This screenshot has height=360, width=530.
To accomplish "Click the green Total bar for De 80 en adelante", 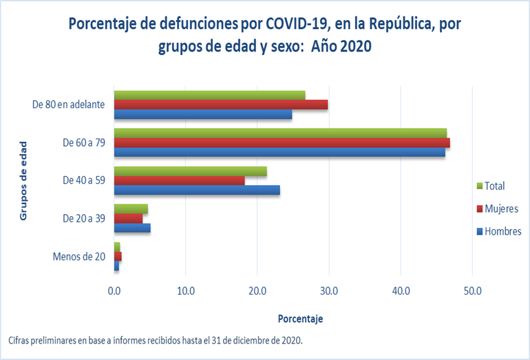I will click(209, 95).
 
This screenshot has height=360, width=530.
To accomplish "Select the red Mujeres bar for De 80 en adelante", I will click(220, 105).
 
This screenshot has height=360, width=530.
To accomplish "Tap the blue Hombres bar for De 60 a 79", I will click(279, 152).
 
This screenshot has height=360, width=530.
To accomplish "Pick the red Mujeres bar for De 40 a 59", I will click(179, 180).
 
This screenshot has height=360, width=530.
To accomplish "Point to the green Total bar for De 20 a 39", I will click(131, 209).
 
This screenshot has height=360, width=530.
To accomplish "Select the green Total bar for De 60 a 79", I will click(279, 133).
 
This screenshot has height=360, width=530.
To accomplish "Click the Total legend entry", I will click(494, 186).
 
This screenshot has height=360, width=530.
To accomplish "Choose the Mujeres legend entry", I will click(501, 209).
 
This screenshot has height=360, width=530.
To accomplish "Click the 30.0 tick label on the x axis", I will click(329, 291).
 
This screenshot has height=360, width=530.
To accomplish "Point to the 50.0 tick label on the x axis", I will click(472, 291).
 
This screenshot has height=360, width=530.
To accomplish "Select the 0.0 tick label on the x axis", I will click(114, 291).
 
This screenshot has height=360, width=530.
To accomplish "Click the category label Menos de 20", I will click(78, 257).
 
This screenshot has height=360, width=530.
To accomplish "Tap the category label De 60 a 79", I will click(83, 143).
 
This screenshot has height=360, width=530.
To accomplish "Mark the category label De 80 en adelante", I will click(68, 105).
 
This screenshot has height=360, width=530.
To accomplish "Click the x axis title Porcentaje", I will click(300, 319).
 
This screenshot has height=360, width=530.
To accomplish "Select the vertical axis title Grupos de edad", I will click(23, 180).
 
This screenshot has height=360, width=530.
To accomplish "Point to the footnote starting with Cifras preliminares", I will click(156, 341).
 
